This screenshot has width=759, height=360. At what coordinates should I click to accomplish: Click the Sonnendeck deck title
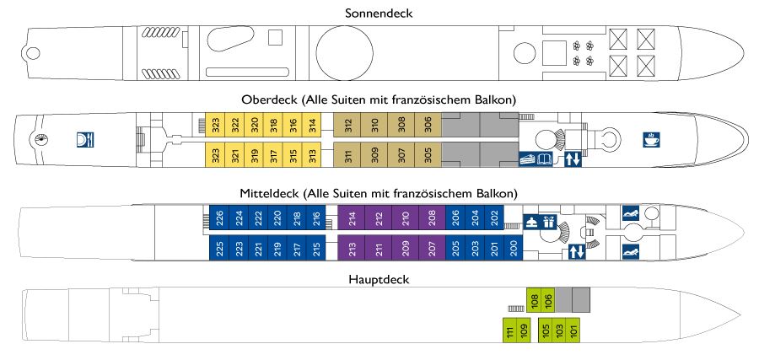(x=379, y=13)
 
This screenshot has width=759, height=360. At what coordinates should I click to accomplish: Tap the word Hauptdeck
(x=379, y=280)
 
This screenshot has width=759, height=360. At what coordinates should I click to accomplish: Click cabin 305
(x=428, y=155)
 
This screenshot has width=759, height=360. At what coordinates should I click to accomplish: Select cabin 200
(x=514, y=248)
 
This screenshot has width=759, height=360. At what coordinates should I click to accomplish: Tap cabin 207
(x=433, y=248)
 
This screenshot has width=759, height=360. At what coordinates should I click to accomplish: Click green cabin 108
(x=534, y=300)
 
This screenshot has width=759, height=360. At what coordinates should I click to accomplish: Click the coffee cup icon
(x=650, y=140)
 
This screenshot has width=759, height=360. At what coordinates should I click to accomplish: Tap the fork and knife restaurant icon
(x=85, y=140)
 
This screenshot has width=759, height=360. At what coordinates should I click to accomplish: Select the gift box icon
(x=549, y=223)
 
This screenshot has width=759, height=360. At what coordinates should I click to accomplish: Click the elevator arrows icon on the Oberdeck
(x=573, y=159)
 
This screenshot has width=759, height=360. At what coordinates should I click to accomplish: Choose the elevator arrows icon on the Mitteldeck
(x=577, y=252)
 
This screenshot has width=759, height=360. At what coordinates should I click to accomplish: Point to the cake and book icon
(x=536, y=159)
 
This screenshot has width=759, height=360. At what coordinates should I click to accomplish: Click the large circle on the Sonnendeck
(x=345, y=53)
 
